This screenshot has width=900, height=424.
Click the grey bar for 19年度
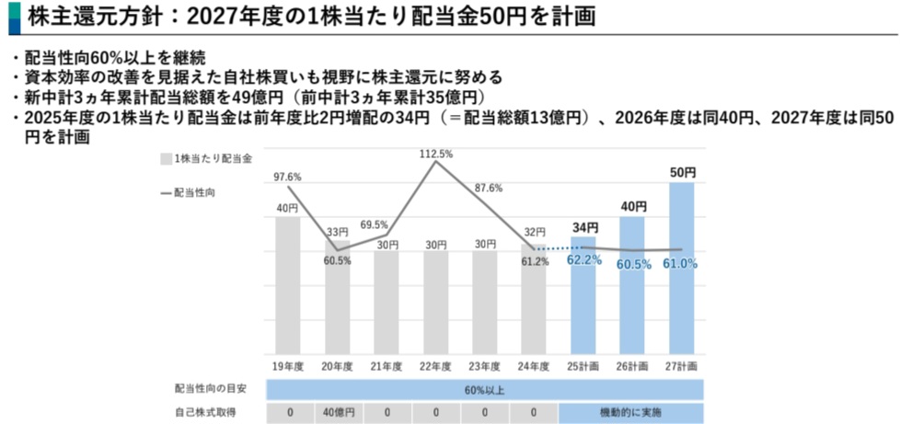click(288, 285)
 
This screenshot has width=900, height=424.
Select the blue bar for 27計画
click(682, 267)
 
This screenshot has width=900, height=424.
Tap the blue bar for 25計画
click(583, 294)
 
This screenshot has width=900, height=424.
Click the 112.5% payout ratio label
click(435, 155)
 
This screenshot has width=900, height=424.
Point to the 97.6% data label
click(287, 177)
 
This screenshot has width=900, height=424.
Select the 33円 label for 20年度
click(337, 232)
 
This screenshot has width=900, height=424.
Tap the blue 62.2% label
click(583, 260)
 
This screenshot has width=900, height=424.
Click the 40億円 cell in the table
click(337, 412)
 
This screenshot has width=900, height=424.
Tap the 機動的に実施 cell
click(630, 412)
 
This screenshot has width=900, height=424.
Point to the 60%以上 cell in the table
click(484, 388)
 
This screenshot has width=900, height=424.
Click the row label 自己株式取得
click(205, 412)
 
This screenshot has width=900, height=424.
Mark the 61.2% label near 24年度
click(535, 262)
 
